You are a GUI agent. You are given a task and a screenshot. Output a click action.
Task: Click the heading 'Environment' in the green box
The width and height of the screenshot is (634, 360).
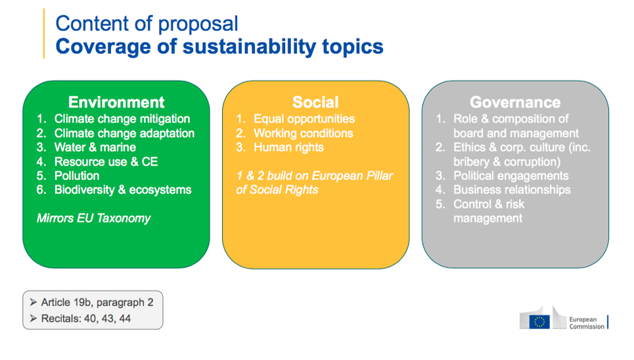(116, 102)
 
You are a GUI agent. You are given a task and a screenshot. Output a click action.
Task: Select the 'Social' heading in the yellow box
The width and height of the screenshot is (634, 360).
(315, 102)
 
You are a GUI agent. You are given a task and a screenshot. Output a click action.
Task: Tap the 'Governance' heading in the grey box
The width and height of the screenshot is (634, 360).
(514, 102)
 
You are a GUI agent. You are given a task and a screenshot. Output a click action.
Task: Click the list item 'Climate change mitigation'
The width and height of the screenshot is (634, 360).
(122, 119)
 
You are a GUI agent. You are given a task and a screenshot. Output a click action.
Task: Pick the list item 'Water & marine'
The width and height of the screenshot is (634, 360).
(95, 147)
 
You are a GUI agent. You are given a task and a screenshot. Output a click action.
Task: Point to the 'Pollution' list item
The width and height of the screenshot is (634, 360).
(77, 175)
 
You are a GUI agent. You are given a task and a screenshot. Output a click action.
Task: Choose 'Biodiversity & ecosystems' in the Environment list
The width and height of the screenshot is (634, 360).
(122, 190)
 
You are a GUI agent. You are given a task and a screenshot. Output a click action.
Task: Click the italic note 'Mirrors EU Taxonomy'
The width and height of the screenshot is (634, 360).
(93, 218)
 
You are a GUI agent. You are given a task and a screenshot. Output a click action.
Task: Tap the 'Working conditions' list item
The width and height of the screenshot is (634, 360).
(303, 133)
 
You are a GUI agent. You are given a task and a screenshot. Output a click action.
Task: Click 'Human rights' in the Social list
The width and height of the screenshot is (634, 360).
(288, 147)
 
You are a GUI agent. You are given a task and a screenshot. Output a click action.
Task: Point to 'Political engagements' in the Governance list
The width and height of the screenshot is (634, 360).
(510, 175)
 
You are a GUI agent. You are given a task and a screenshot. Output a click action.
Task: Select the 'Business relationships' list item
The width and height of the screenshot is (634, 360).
(512, 190)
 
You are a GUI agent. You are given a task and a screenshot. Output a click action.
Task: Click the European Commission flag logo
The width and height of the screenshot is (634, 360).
(540, 321)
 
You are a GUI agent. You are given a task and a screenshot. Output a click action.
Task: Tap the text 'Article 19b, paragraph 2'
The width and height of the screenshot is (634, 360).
(97, 302)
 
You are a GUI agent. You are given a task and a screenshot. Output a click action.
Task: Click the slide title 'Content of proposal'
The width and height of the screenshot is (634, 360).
(147, 24)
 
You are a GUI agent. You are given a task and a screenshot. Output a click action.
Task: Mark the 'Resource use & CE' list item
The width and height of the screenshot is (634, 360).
(106, 162)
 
